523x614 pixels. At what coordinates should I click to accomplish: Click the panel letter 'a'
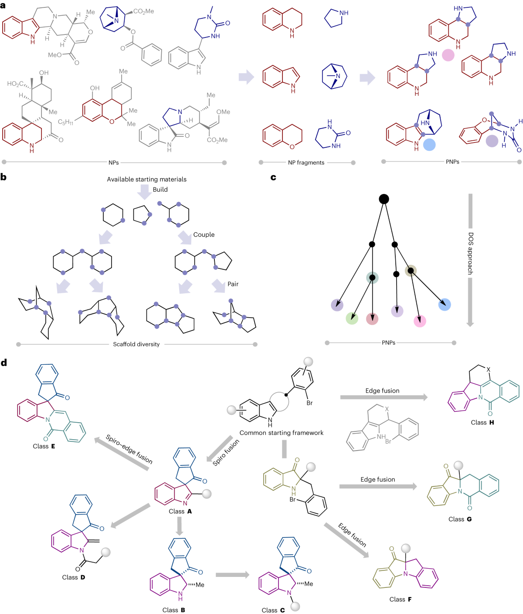click(x=3, y=5)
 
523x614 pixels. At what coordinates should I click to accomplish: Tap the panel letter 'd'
click(x=4, y=363)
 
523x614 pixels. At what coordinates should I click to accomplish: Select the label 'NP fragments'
click(x=306, y=163)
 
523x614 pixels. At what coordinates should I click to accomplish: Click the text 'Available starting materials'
click(x=146, y=179)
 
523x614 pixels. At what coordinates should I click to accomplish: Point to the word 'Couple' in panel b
click(x=204, y=234)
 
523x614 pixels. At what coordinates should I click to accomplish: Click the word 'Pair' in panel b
click(x=233, y=284)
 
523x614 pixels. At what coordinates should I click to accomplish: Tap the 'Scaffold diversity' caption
click(x=136, y=344)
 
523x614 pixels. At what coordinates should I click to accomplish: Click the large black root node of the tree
click(x=384, y=199)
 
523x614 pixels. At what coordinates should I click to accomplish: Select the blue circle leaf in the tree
click(x=444, y=305)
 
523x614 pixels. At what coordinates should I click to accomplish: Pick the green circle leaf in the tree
click(x=352, y=318)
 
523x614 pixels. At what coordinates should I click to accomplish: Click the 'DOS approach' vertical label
click(x=471, y=253)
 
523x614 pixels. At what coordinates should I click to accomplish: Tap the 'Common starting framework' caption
click(x=281, y=433)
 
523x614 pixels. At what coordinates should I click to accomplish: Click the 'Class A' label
click(x=180, y=511)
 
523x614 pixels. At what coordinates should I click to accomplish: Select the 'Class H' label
click(x=482, y=422)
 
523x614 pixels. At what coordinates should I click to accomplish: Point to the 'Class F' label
click(x=400, y=599)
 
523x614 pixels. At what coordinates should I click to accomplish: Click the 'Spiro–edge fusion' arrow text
click(x=129, y=449)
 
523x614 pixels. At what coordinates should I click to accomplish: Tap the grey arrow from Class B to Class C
click(x=232, y=575)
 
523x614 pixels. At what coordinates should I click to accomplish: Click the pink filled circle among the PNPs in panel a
click(x=448, y=55)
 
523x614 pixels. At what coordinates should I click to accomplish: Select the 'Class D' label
click(x=73, y=577)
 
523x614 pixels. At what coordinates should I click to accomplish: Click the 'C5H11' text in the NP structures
click(x=66, y=122)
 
